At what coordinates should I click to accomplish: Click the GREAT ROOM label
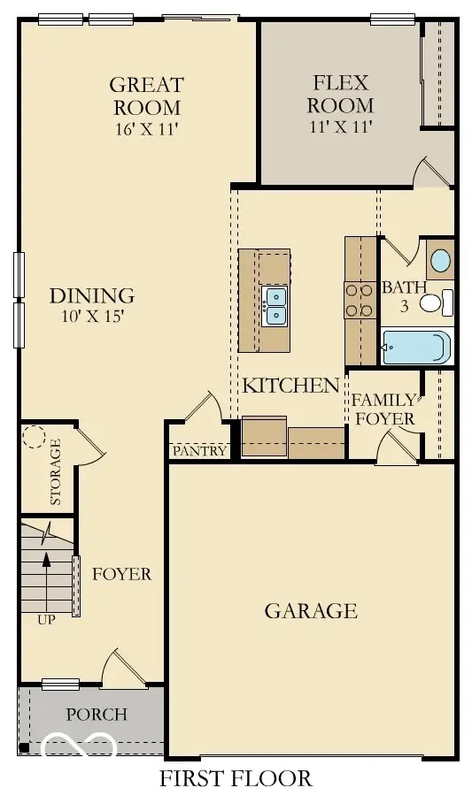146,96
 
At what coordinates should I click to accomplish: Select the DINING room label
92,295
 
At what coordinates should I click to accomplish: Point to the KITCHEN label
291,385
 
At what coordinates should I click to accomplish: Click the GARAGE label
311,610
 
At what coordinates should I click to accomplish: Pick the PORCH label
97,714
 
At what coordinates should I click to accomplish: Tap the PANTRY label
199,451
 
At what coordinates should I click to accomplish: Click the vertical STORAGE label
55,471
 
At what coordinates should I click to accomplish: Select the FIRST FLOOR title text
236,778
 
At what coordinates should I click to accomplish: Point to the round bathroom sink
438,260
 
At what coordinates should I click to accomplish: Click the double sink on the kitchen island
275,304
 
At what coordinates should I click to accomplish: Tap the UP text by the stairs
46,620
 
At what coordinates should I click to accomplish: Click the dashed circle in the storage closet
35,437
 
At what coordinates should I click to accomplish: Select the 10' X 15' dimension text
92,316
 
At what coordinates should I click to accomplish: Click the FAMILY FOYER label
383,409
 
